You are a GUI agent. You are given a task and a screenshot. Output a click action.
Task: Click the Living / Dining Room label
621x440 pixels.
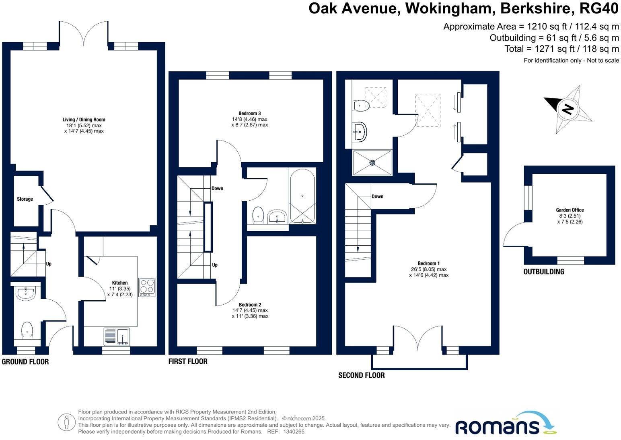coord(84,120)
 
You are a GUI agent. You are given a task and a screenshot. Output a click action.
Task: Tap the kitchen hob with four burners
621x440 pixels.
coord(147,287)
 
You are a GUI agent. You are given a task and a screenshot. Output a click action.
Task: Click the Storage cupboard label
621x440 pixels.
coord(25,199)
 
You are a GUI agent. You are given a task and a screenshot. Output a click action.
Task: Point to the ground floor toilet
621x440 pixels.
coord(27,329)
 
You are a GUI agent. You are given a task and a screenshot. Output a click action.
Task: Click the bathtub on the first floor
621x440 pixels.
coord(302,196)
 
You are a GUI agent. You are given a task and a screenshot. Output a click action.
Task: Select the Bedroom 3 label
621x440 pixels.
coord(249,114)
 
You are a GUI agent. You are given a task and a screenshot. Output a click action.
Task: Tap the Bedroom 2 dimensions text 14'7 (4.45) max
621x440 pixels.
coord(250,310)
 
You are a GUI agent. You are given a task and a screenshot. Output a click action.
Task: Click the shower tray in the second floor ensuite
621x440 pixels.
coord(372,163)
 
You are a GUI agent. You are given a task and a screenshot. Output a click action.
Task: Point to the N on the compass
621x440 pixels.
coord(568,109)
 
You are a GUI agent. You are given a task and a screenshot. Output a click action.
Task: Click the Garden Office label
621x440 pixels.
coord(570,210)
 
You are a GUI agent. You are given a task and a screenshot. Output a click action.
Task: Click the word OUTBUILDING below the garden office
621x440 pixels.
coord(544,272)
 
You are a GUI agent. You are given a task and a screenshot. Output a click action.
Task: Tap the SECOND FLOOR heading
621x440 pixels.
coord(361,375)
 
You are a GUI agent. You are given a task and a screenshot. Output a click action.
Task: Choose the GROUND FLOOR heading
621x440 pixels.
coord(25,362)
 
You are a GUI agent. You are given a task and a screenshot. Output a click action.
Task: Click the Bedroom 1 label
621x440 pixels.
coord(429,264)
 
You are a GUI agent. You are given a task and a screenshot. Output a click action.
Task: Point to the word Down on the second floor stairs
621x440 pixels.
coord(377,197)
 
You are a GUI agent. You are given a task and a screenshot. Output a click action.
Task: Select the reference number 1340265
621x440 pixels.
coord(294,432)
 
